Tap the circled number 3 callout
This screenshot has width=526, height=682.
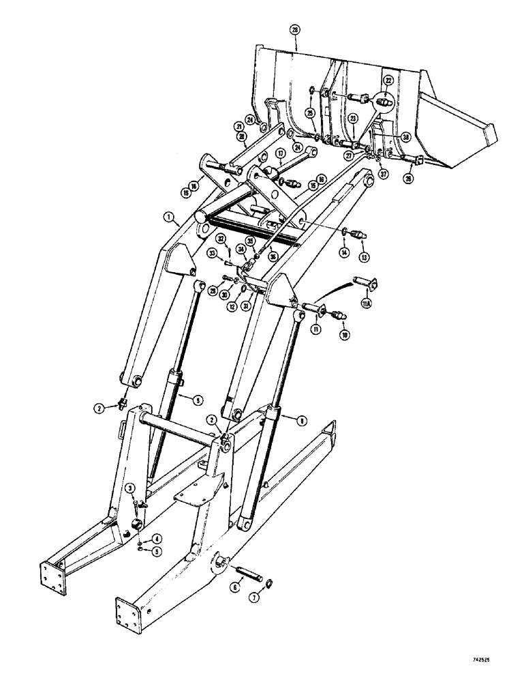pyautogui.click(x=129, y=486)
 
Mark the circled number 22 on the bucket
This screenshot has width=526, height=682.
pyautogui.click(x=388, y=80)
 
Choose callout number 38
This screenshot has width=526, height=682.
pyautogui.click(x=405, y=136)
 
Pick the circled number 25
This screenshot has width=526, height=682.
pyautogui.click(x=309, y=112)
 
